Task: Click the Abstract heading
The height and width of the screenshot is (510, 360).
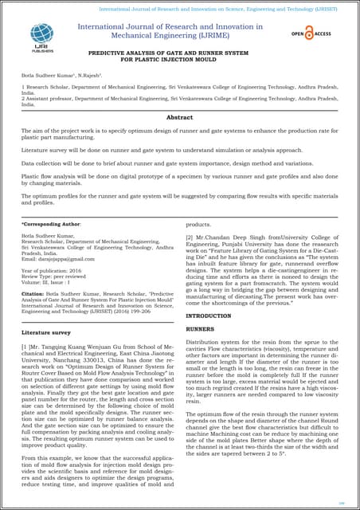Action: click(179, 116)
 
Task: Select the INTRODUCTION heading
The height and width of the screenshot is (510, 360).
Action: click(208, 316)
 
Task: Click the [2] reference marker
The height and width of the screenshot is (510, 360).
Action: click(190, 237)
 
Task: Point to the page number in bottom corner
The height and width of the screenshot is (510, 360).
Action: click(341, 503)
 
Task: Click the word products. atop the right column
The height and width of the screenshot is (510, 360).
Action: click(198, 226)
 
